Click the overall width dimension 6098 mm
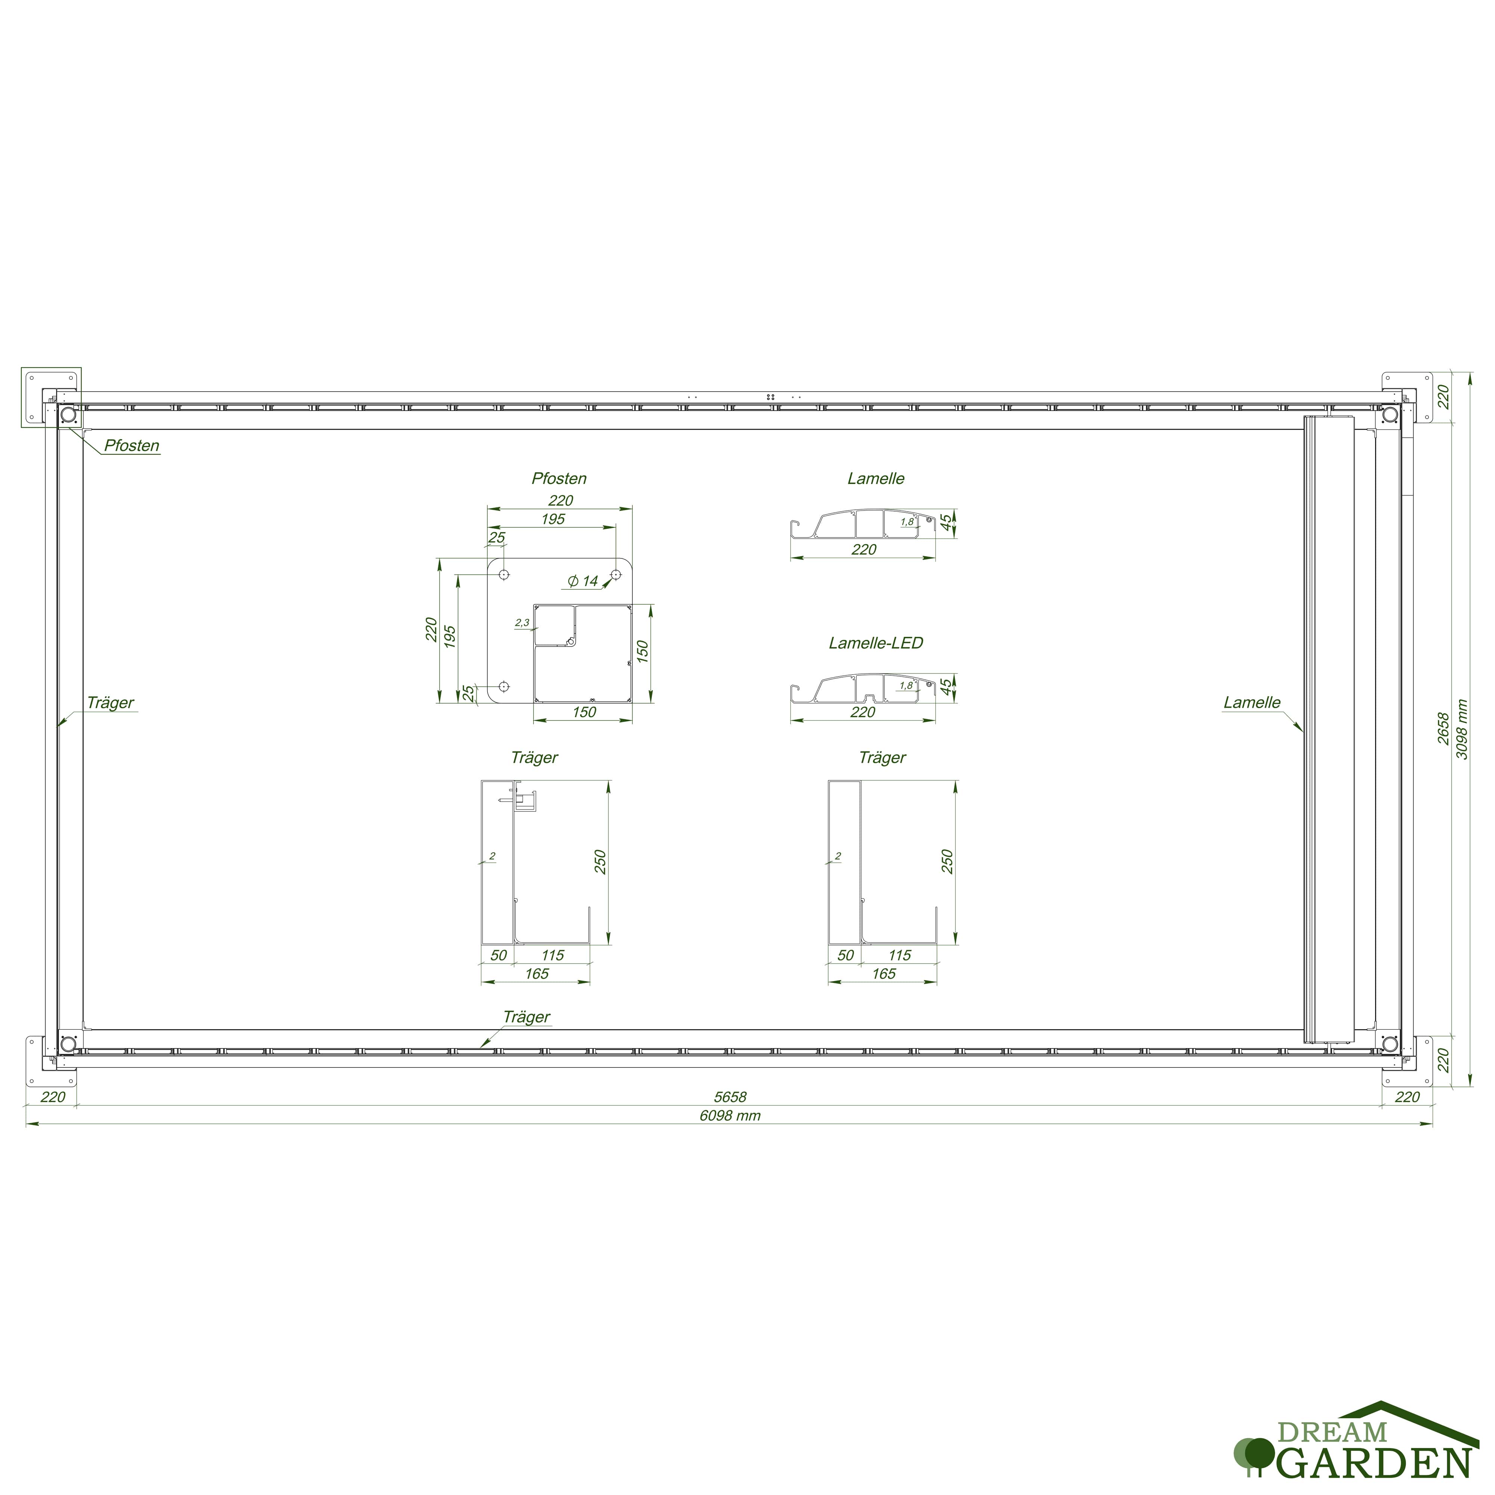pyautogui.click(x=730, y=1115)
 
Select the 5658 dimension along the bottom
pyautogui.click(x=730, y=1097)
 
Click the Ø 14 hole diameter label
pyautogui.click(x=583, y=580)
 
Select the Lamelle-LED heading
pyautogui.click(x=876, y=642)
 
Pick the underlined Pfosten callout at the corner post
pyautogui.click(x=132, y=446)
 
